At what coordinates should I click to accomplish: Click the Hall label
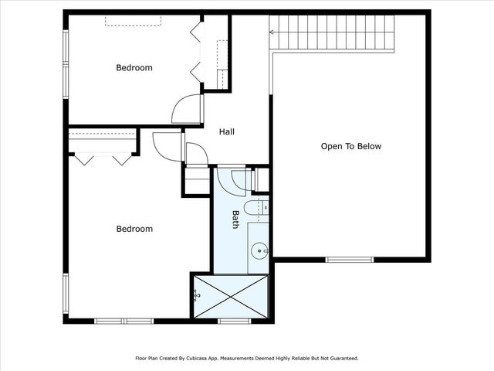[227, 132]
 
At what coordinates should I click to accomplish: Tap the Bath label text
[235, 220]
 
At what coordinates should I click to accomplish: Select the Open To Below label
[351, 146]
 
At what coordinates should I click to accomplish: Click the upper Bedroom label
[134, 68]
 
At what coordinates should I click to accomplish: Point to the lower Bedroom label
[134, 229]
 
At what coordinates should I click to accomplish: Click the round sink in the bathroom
[260, 249]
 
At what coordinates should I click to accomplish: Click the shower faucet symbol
[197, 295]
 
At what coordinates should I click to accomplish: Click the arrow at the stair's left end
[272, 32]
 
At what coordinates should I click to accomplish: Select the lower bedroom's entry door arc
[167, 145]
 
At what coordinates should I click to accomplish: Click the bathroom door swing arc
[230, 179]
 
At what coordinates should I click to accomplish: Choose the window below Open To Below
[348, 259]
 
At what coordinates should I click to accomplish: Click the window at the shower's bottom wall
[231, 321]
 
